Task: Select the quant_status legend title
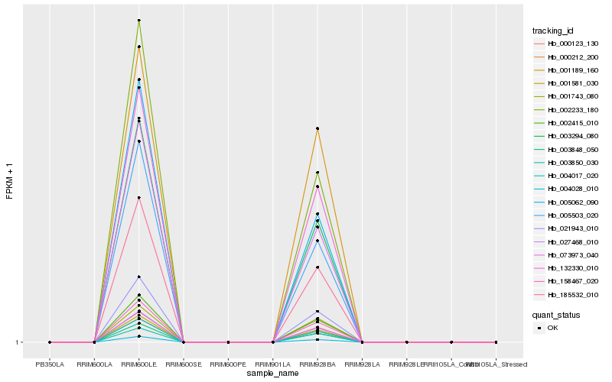click(556, 314)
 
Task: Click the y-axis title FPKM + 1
click(9, 181)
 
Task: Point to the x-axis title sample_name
click(272, 374)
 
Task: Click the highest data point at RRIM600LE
click(138, 21)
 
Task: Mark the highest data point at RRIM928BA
click(317, 128)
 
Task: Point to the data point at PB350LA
click(50, 342)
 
